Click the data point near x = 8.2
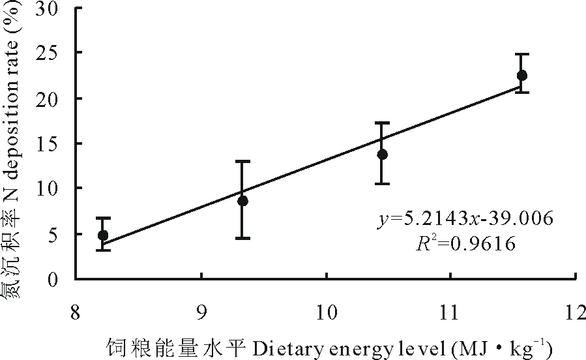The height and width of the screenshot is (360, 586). coord(103,235)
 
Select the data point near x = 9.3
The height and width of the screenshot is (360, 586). coord(243,201)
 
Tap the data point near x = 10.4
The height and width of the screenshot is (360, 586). coord(383,155)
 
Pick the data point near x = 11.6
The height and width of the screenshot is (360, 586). coord(522,76)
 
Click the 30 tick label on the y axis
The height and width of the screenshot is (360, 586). coord(54,8)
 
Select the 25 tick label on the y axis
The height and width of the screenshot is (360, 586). coord(54,53)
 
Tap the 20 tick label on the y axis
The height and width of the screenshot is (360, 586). coord(54,98)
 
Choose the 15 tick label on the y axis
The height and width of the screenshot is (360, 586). coord(54,143)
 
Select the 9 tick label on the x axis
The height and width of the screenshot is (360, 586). coord(201,313)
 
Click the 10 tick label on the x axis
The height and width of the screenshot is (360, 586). coord(326,313)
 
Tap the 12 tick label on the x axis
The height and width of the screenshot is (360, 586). coord(576,313)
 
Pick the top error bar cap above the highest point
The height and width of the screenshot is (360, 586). coord(522,54)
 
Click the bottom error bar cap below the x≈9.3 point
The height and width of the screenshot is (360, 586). coord(243,238)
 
